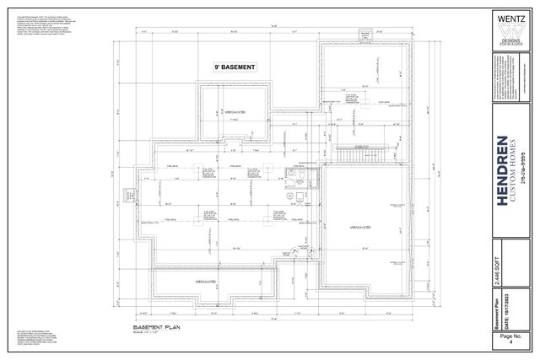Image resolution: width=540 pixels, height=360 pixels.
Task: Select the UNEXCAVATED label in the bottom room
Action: pyautogui.click(x=208, y=282)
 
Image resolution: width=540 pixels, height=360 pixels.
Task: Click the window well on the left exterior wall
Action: pyautogui.click(x=130, y=220)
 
